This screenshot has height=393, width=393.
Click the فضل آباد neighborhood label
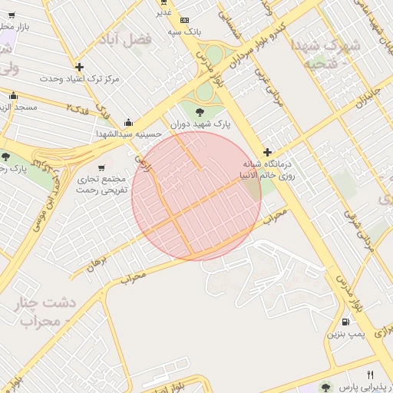coord(131,38)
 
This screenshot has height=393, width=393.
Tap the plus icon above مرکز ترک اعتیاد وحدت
coord(79,68)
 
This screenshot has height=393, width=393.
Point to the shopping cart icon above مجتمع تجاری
coord(102,168)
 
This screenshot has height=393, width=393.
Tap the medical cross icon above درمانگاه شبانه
coord(267,153)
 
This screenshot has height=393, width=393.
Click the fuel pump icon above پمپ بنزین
coord(345,322)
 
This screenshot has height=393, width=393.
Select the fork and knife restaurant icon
coord(370,375)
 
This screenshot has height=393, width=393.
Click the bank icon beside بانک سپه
coord(184,20)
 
